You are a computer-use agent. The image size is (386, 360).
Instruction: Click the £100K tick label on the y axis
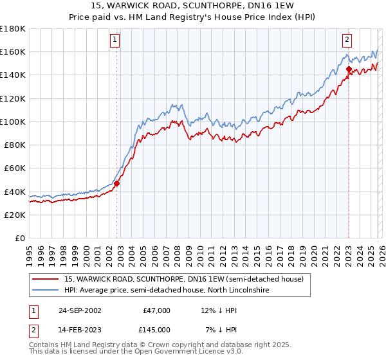pos(13,122)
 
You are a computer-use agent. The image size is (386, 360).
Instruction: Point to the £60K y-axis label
pos(15,168)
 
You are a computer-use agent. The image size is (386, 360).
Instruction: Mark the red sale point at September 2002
pos(116,183)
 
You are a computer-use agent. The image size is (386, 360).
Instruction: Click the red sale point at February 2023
pos(348,69)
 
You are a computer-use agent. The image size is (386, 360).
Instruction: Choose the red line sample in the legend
pos(46,279)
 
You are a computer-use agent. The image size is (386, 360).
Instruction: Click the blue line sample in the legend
pos(46,291)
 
